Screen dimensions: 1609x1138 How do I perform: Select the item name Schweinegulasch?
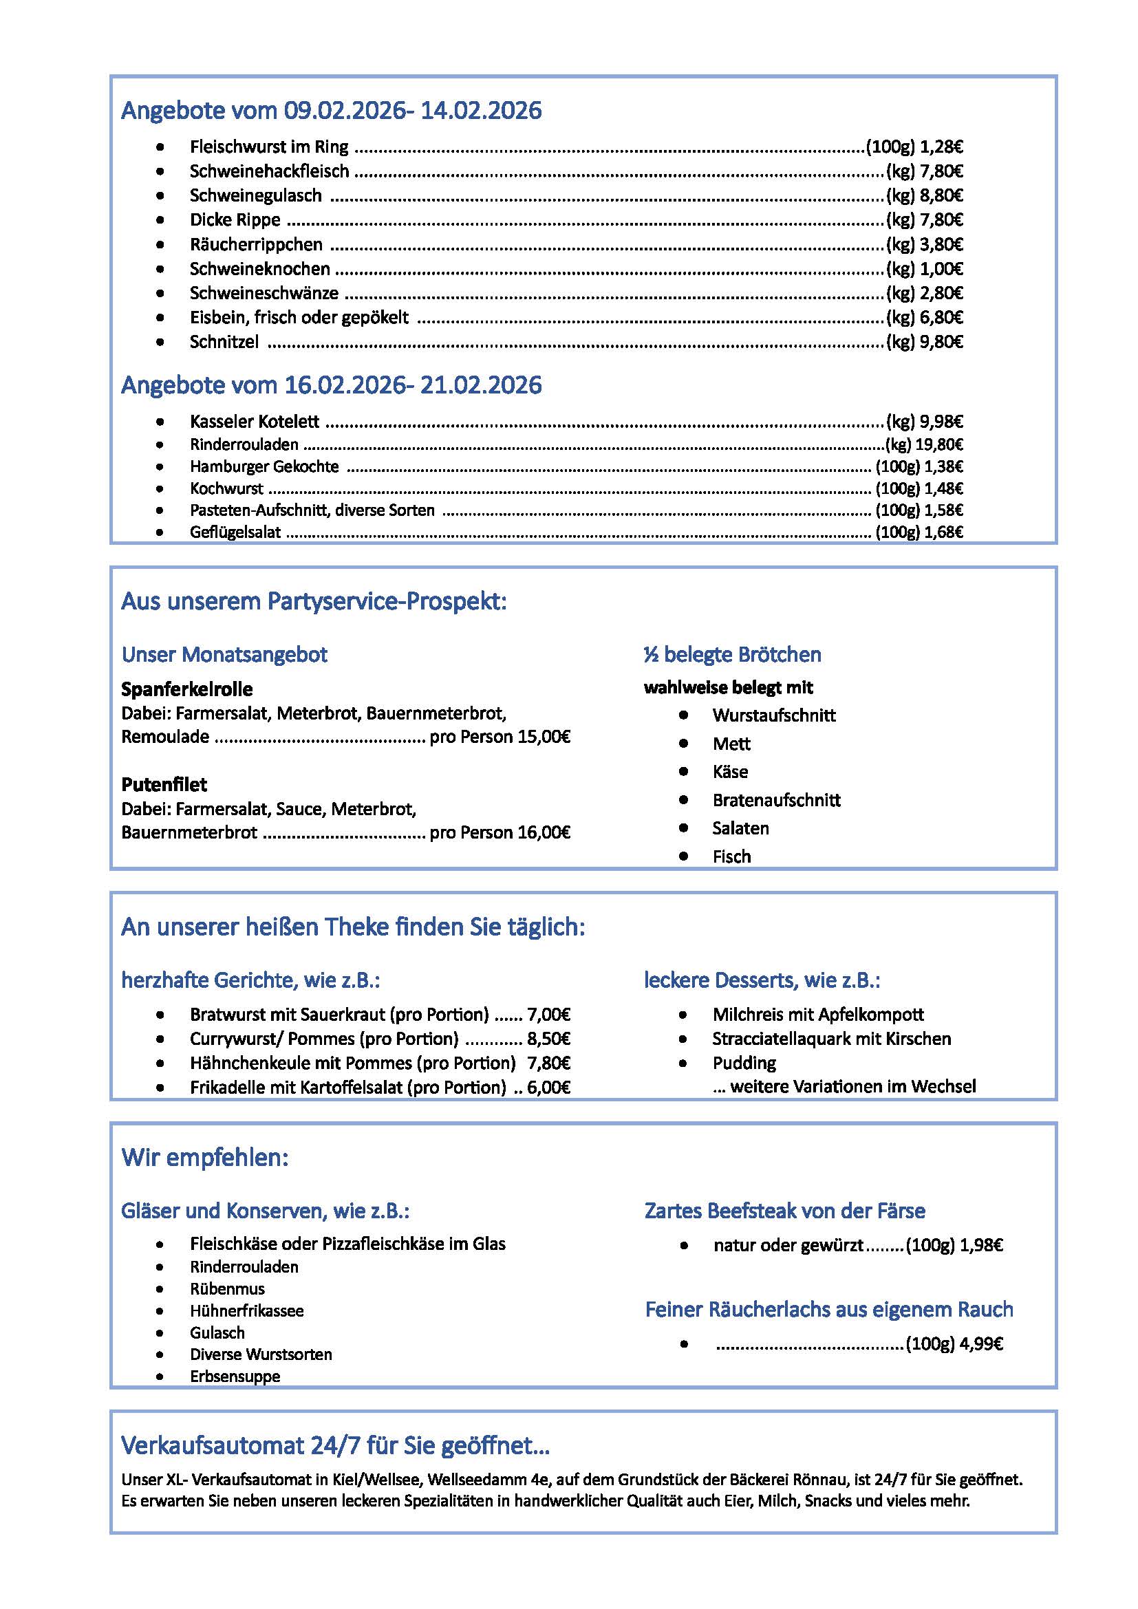click(256, 195)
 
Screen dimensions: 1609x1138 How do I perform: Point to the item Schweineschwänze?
click(264, 293)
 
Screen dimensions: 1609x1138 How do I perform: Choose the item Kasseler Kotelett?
click(255, 422)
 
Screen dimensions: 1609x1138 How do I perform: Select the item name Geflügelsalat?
click(235, 532)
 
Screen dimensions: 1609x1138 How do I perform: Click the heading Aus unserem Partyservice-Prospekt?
click(313, 601)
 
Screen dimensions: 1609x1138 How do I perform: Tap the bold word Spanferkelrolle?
click(186, 689)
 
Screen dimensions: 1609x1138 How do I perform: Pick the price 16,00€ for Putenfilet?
click(544, 832)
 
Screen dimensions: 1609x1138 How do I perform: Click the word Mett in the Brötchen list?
click(731, 744)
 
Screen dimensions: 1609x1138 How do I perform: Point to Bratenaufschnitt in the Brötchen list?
click(775, 800)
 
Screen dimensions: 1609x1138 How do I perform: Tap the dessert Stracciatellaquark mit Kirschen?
click(831, 1039)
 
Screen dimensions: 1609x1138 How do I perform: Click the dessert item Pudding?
click(744, 1063)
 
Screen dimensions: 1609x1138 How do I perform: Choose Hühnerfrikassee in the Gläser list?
click(247, 1310)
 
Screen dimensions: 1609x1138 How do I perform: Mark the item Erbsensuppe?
click(235, 1376)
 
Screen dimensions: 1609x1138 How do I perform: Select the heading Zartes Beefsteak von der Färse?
click(784, 1211)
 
